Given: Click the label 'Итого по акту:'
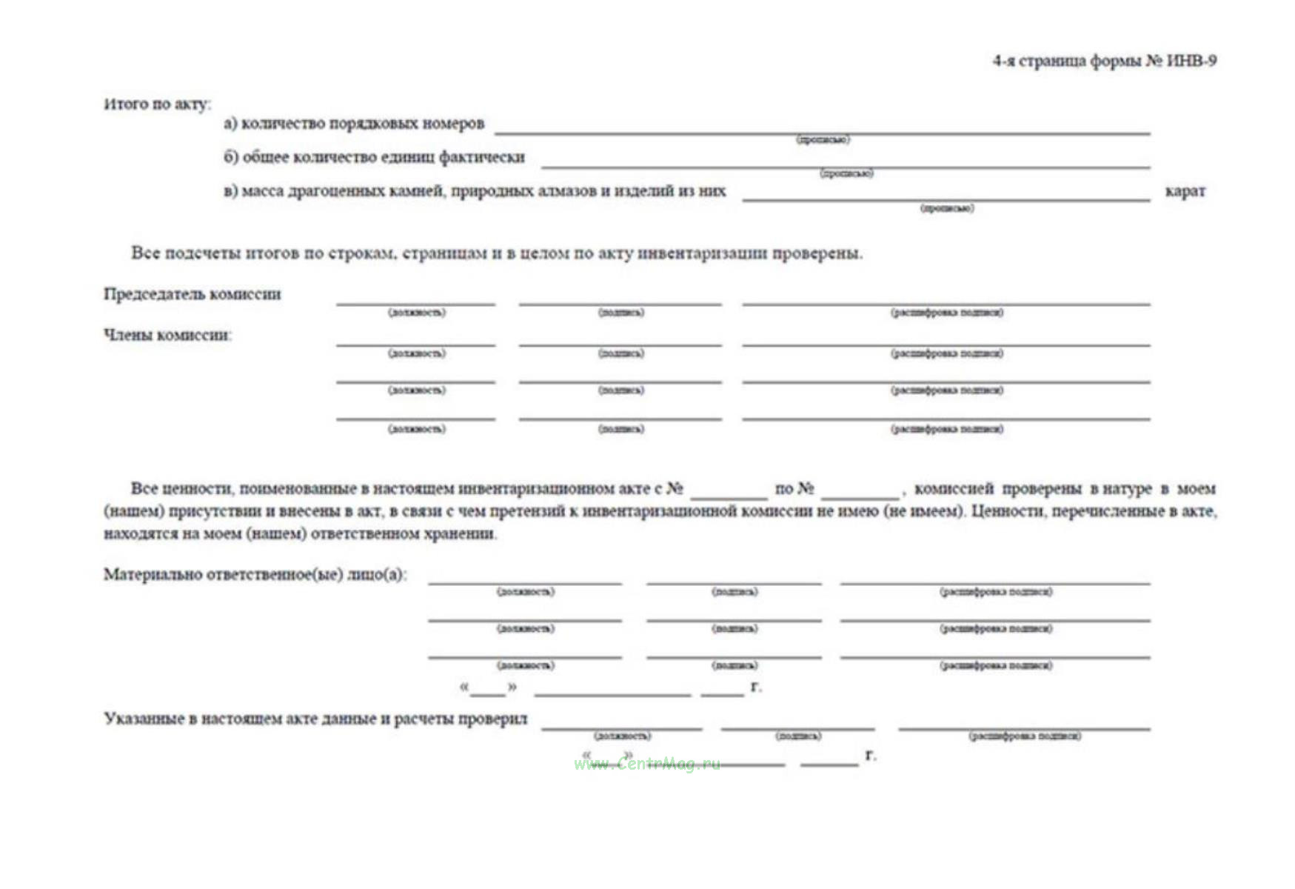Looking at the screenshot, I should point(157,104).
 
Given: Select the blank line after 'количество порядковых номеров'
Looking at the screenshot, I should point(822,132).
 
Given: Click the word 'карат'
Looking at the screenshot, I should point(1185,191).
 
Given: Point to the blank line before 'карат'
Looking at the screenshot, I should point(946,199).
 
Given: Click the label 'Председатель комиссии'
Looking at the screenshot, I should point(193,294).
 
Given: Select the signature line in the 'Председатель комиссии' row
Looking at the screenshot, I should point(620,302).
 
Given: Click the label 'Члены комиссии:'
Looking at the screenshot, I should point(167,335).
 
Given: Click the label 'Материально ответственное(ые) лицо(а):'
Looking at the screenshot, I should point(255,575).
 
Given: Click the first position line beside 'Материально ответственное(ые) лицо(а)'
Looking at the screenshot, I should point(524,582).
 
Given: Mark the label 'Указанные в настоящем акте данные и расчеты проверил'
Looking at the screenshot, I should point(315,719).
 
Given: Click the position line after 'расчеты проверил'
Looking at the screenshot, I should point(621,728).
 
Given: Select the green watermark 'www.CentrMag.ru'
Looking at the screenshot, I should point(646,764).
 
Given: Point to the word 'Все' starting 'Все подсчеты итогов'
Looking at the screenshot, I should point(145,253).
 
